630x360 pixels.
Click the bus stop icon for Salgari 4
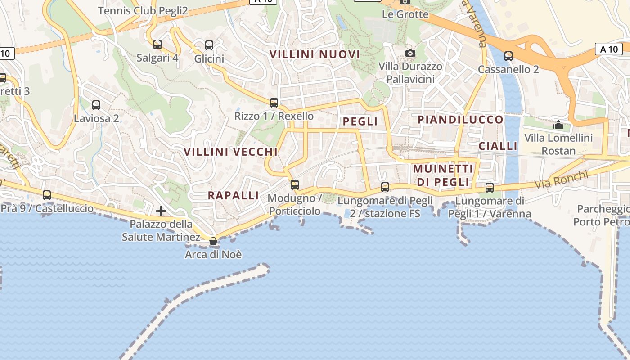157,45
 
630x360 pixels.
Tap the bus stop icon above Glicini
209,45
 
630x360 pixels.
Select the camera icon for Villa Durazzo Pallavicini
410,54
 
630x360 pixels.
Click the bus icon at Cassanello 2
508,56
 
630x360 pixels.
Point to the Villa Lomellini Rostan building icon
558,125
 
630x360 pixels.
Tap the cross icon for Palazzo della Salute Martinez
161,211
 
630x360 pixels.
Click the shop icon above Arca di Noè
213,242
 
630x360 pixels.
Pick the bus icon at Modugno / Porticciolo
295,184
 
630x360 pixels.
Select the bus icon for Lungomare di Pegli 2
385,187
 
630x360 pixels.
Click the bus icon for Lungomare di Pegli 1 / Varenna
490,187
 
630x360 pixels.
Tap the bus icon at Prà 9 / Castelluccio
47,195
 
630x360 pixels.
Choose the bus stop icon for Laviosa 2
96,105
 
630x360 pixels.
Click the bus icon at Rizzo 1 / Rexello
274,103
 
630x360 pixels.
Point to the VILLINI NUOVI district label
315,54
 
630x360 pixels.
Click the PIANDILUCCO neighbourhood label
460,120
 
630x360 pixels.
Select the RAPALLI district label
233,195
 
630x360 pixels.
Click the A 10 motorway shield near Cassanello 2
609,49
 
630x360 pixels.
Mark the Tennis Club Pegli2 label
143,10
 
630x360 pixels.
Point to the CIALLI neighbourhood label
498,146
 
